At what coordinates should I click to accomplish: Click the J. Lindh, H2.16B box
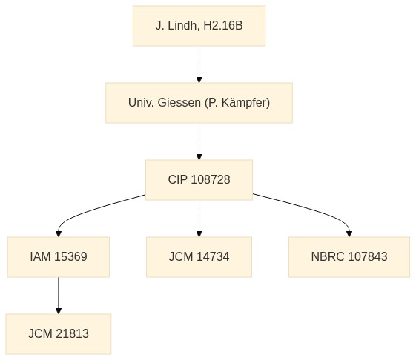coord(199,26)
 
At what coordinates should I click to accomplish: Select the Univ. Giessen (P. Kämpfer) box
coord(199,103)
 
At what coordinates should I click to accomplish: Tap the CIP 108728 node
coord(199,180)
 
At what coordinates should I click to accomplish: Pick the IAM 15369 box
coord(59,257)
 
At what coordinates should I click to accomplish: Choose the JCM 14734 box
coord(199,257)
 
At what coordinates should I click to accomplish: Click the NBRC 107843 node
coord(349,257)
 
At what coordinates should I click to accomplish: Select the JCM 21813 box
coord(59,334)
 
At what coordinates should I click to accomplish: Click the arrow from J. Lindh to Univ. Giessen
coord(199,64)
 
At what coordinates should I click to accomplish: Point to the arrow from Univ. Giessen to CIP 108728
coord(199,141)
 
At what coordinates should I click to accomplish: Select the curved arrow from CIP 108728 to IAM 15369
coord(88,211)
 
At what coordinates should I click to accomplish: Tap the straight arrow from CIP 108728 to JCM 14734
coord(199,219)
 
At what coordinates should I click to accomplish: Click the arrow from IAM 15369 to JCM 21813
coord(59,296)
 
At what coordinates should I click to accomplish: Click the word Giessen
coord(179,102)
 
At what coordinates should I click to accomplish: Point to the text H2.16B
coord(223,26)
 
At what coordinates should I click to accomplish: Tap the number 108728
coord(211,180)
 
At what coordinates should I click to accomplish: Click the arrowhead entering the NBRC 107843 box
coord(349,234)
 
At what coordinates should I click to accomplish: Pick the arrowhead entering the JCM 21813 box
coord(59,311)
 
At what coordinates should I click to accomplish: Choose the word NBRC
coord(328,256)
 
